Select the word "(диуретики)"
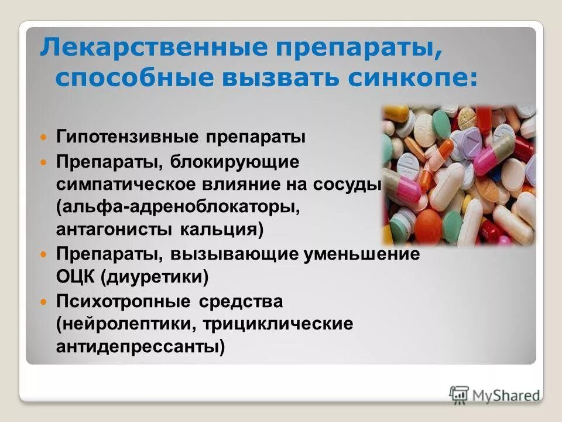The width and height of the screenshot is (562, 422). coord(155,276)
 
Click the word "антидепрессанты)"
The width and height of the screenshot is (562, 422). coord(141,347)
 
